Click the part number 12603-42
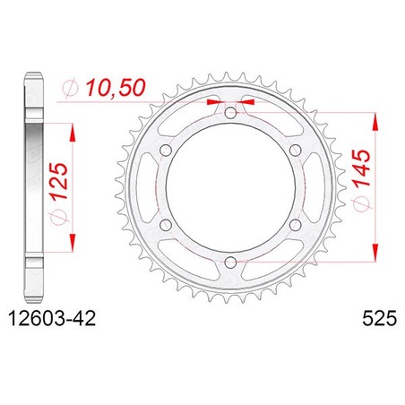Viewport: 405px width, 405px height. point(52,318)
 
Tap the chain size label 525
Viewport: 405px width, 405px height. point(380,318)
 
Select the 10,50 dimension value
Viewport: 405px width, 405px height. point(116,88)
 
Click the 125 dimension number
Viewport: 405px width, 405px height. point(58,181)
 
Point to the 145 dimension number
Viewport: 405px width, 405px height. point(361,168)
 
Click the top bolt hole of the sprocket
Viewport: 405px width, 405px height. point(230,113)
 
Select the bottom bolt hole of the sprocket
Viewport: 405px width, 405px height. point(230,263)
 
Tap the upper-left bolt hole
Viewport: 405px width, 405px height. point(166,150)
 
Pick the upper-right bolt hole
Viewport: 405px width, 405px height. point(295,150)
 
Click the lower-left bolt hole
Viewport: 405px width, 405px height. point(166,225)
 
